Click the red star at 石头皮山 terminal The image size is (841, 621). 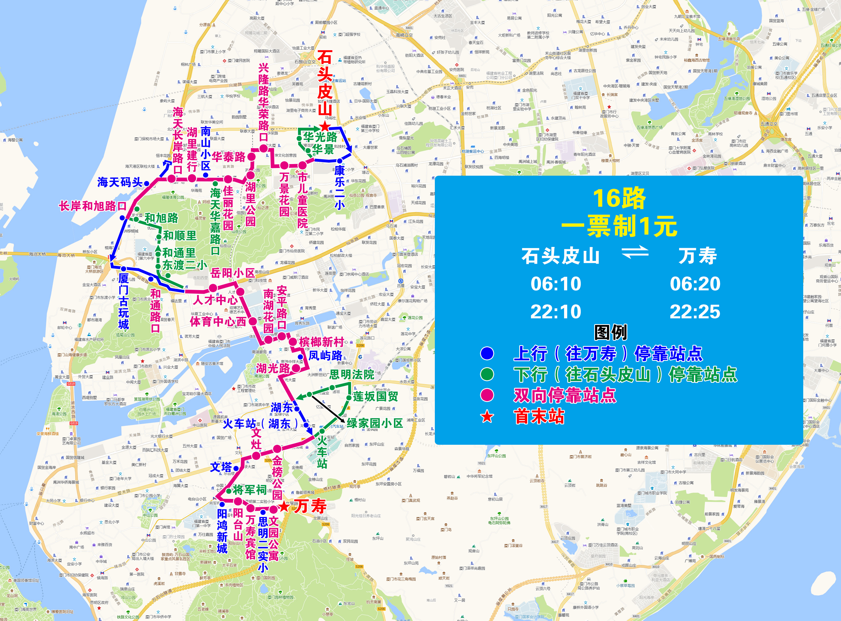point(325,127)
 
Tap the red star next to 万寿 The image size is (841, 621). point(284,507)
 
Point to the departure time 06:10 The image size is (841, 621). point(556,284)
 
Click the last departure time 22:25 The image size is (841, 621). point(695,312)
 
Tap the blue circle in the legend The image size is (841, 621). point(487,353)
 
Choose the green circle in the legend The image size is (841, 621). point(487,374)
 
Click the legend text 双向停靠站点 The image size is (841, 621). point(565,395)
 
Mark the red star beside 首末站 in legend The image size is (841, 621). point(487,416)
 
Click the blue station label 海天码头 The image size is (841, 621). point(120,182)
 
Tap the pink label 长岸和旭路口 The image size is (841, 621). point(93,206)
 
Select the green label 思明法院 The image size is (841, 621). point(352,374)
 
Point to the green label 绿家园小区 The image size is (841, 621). point(375,423)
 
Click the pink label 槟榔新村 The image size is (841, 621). point(322,342)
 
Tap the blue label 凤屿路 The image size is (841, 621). point(325,356)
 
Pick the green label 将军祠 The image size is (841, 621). point(249,490)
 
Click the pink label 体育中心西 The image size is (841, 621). point(218,322)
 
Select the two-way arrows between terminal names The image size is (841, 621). point(635,252)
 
